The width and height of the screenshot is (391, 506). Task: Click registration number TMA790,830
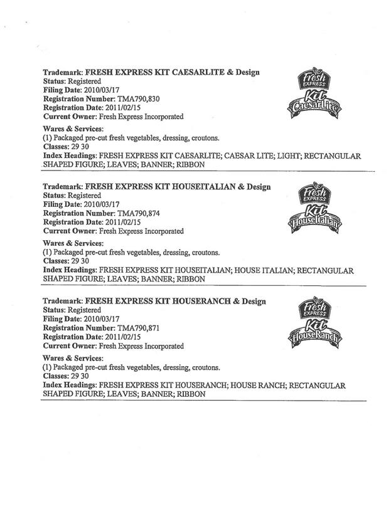pyautogui.click(x=143, y=100)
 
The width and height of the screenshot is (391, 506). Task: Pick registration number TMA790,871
pyautogui.click(x=143, y=328)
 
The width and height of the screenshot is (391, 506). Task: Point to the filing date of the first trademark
pyautogui.click(x=106, y=91)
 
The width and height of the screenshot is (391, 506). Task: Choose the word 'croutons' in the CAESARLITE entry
pyautogui.click(x=202, y=139)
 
